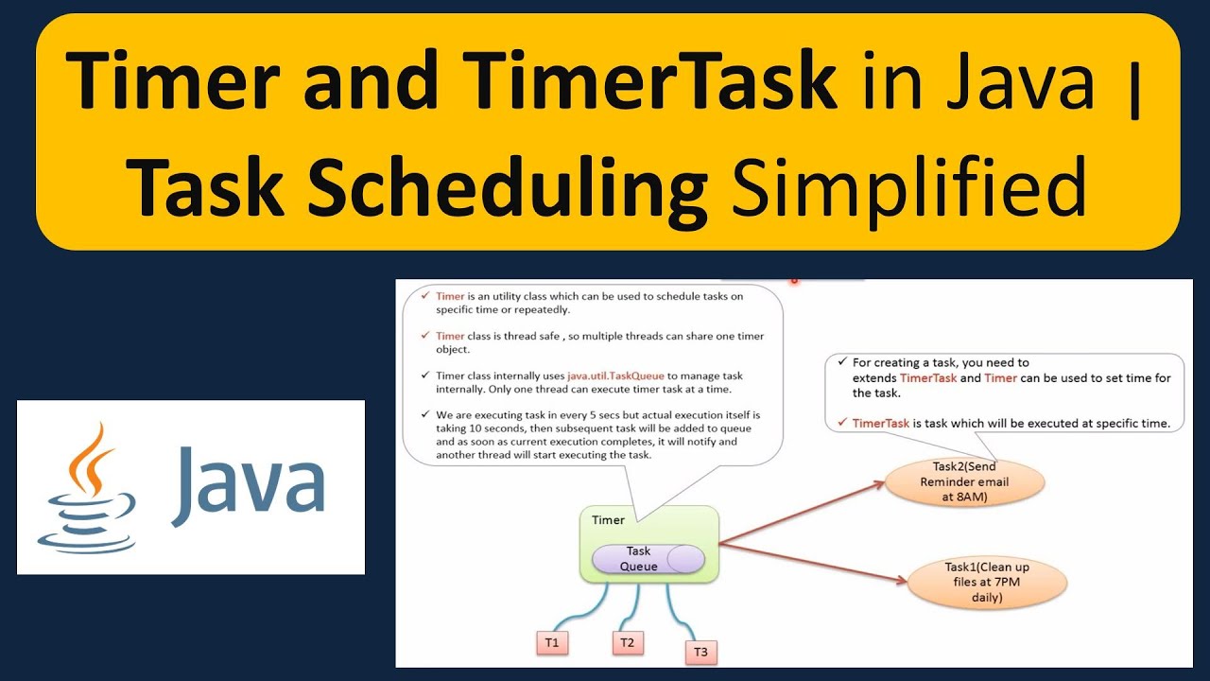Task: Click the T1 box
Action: (552, 642)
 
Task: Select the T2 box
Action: (626, 642)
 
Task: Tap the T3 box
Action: (700, 651)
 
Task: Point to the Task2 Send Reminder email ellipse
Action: (965, 481)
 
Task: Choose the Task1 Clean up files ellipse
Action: (987, 582)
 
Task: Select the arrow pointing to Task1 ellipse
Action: (813, 564)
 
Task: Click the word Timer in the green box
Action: (608, 520)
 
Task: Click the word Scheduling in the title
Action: (509, 187)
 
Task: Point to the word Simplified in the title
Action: (908, 187)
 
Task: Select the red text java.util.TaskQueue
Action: (616, 375)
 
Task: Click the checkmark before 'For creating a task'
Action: (841, 361)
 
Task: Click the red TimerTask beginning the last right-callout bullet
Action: (880, 423)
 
